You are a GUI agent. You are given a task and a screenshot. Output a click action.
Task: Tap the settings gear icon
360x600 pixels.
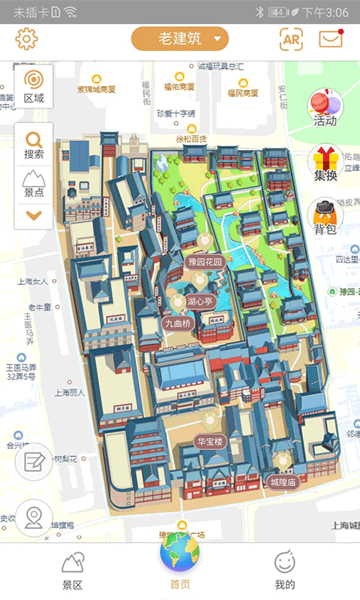[x=26, y=39]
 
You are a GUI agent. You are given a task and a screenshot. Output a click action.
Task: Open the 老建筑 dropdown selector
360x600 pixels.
[x=179, y=39]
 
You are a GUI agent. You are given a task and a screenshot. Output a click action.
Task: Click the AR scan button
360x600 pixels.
[x=291, y=39]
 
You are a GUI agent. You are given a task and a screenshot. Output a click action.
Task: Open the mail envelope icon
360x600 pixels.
[x=330, y=39]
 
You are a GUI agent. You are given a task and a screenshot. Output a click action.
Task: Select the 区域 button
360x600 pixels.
[x=34, y=85]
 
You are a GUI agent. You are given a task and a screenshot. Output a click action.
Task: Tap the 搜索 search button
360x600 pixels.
[x=34, y=145]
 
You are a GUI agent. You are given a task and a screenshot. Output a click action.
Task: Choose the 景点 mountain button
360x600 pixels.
[x=34, y=183]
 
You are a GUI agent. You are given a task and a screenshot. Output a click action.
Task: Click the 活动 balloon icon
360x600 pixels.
[x=325, y=107]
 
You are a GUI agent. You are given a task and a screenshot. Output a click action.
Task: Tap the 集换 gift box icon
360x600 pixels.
[x=325, y=163]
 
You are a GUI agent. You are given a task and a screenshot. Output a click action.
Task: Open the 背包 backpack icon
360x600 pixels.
[x=325, y=217]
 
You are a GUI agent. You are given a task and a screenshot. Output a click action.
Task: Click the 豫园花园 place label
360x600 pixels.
[x=205, y=262]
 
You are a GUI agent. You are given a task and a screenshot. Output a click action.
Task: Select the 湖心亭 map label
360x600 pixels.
[x=199, y=301]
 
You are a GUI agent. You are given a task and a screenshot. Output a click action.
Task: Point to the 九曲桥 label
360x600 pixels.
[x=178, y=323]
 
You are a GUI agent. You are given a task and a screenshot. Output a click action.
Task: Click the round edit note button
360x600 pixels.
[x=34, y=460]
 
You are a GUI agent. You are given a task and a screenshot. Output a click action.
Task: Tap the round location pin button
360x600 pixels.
[x=34, y=517]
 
